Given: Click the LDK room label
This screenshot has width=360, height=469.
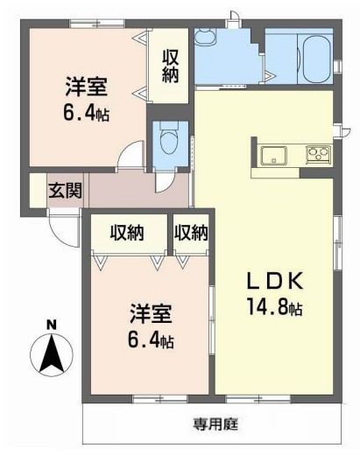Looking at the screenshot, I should coord(273,282).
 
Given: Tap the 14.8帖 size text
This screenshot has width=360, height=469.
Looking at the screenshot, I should coord(274,308).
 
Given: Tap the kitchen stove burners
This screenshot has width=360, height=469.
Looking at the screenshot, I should coord(316,157).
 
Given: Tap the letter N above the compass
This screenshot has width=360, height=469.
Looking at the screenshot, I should coord(51,325).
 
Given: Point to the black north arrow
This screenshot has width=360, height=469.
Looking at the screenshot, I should coord(51,353).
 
